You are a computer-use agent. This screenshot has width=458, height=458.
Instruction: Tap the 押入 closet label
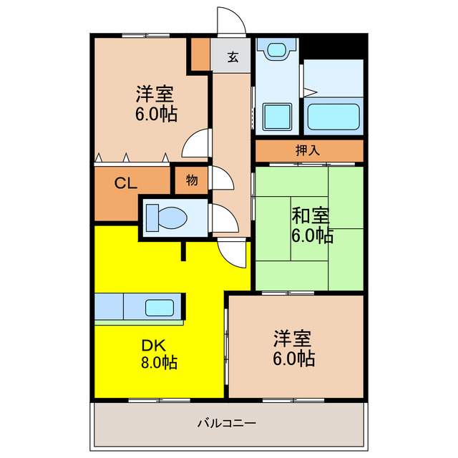point(308,151)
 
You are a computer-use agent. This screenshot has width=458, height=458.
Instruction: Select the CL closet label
point(127,183)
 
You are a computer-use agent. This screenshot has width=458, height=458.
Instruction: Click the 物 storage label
point(191,180)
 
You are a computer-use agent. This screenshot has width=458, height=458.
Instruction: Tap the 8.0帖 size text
point(159,362)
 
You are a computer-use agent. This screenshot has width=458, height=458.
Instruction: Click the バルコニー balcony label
point(227,423)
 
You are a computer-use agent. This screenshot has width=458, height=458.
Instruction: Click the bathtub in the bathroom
point(333,117)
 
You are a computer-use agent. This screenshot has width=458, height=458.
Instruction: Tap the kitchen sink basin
point(158,308)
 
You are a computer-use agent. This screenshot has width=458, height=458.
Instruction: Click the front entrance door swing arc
point(231,20)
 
